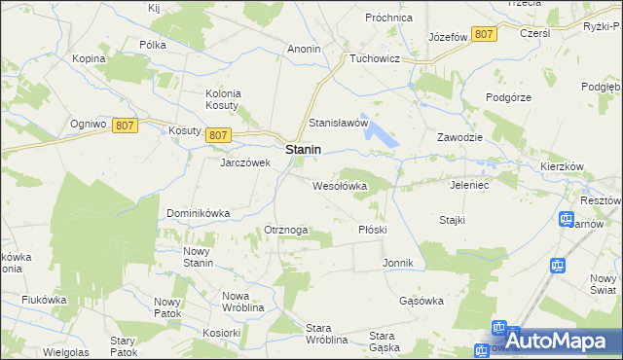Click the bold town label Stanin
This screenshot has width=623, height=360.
pyautogui.click(x=304, y=151)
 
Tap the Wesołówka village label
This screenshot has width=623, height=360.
pyautogui.click(x=339, y=185)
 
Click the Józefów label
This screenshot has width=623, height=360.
pyautogui.click(x=449, y=37)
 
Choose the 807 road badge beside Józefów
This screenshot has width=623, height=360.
pyautogui.click(x=484, y=34)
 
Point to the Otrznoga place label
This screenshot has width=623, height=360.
pyautogui.click(x=286, y=230)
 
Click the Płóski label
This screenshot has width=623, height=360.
pyautogui.click(x=373, y=230)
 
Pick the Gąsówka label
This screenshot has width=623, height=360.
pyautogui.click(x=421, y=301)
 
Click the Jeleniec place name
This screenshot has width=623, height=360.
pyautogui.click(x=470, y=184)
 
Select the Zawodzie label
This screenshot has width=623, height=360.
pyautogui.click(x=460, y=137)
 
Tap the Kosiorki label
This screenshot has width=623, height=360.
pyautogui.click(x=222, y=332)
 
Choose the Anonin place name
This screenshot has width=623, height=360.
pyautogui.click(x=304, y=48)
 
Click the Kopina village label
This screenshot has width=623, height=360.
pyautogui.click(x=89, y=58)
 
